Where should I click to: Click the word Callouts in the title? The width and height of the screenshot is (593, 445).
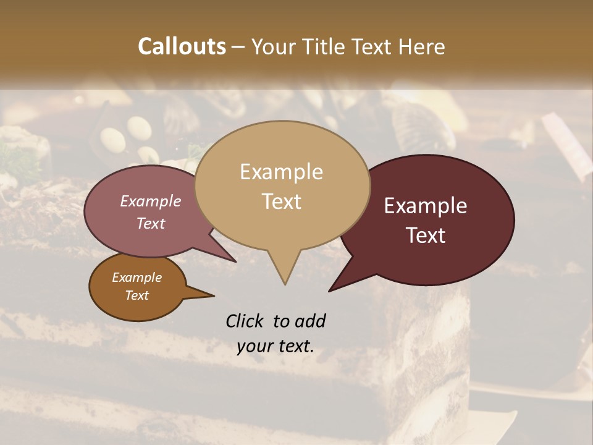click(182, 46)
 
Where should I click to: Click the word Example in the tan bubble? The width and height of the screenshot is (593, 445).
click(281, 172)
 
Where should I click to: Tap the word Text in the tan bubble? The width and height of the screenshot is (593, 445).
click(281, 201)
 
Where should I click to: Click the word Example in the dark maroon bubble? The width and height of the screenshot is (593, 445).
click(426, 206)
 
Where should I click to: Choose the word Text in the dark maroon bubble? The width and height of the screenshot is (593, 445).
click(426, 235)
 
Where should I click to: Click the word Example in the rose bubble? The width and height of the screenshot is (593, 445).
click(151, 201)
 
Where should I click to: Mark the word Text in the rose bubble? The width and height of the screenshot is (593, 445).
click(151, 223)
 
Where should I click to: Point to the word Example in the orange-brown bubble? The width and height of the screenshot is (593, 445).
click(137, 278)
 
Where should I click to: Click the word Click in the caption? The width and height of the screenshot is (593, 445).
click(245, 321)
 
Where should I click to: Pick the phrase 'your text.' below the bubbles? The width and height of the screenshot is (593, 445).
click(275, 346)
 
